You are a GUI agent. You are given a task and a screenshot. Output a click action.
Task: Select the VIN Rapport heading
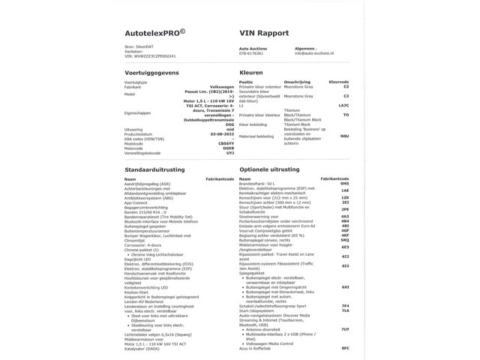tap(263, 34)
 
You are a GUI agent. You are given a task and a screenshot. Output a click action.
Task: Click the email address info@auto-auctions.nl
tap(318, 53)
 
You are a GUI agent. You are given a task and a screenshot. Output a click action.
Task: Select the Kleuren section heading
tap(250, 73)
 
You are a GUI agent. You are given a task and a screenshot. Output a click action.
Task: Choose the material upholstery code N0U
tap(344, 136)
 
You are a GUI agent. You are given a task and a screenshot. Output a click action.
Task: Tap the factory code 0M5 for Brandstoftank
tap(344, 184)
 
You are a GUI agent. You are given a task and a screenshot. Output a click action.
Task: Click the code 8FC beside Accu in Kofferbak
tap(344, 349)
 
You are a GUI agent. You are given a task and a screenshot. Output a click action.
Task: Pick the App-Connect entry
tap(136, 202)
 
